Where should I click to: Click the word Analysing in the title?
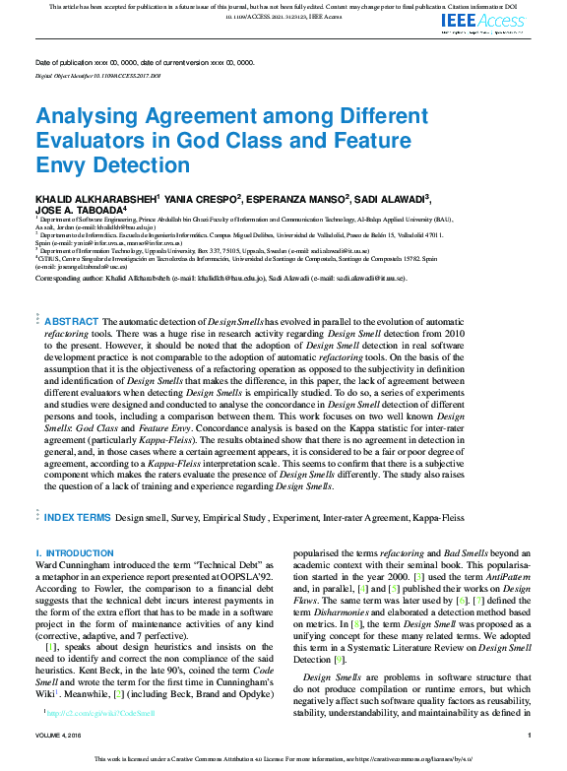pos(87,117)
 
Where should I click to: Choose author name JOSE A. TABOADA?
pos(78,210)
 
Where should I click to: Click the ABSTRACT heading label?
pos(72,322)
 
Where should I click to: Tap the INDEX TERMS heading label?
pos(78,516)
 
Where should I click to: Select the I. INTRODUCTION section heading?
pos(75,553)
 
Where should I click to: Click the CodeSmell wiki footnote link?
pos(103,712)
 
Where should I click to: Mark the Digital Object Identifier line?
pos(96,75)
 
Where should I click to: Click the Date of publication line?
pos(144,62)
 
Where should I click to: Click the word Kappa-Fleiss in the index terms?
pos(438,517)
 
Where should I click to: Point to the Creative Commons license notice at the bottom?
pos(283,759)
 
